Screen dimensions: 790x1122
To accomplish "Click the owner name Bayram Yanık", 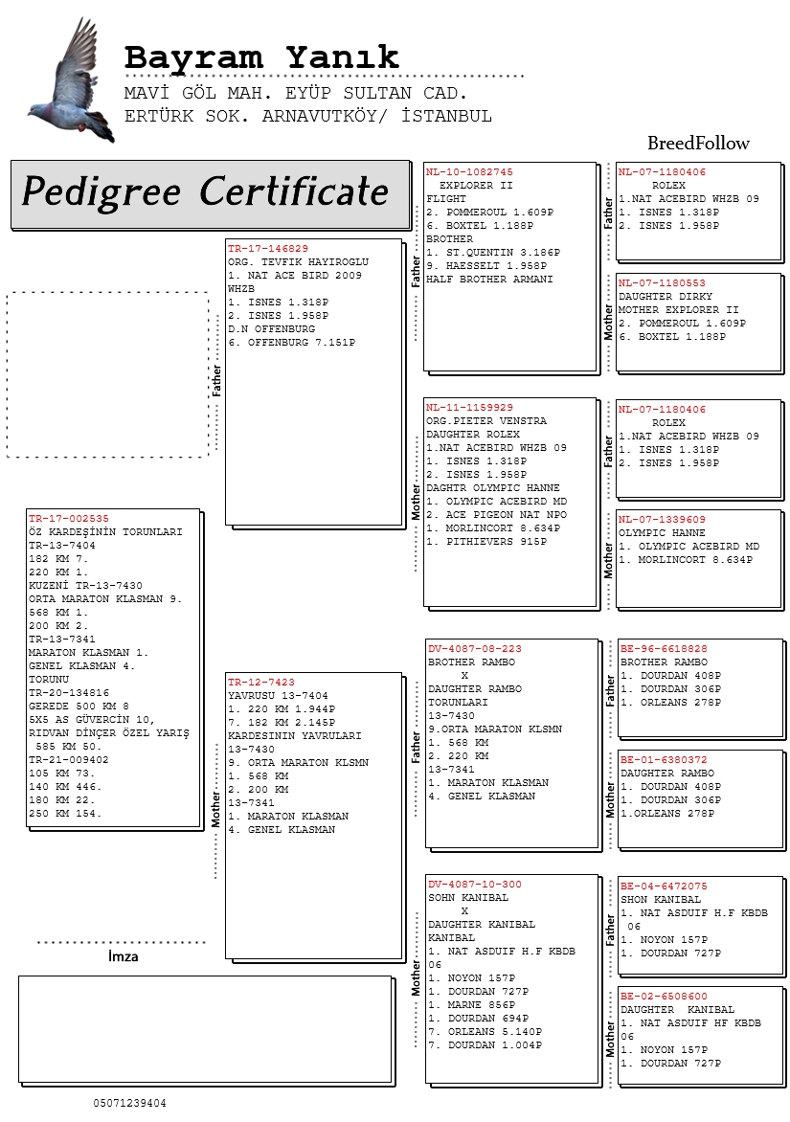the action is click(x=261, y=57).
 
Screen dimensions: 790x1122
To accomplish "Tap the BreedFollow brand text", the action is click(x=698, y=143).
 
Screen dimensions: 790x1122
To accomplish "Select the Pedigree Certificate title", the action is click(x=205, y=191).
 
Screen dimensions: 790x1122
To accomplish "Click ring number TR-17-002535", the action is click(x=69, y=519).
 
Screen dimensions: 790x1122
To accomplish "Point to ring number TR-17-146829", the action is click(x=268, y=249).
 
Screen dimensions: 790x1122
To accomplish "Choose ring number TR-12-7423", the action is click(x=261, y=683).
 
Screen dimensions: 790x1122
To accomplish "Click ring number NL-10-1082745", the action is click(x=469, y=172).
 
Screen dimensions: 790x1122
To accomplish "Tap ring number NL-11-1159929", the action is click(x=469, y=408).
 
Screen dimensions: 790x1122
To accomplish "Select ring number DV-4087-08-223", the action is click(x=475, y=649).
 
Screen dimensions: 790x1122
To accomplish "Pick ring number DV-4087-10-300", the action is click(x=475, y=885).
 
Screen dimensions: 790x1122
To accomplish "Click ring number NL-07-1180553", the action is click(x=662, y=283).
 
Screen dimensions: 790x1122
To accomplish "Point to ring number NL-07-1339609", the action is click(x=662, y=520).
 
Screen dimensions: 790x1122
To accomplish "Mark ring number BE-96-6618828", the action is click(x=664, y=649).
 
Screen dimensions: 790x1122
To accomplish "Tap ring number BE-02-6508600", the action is click(x=664, y=996).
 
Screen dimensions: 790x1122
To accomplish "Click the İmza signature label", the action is click(x=124, y=956).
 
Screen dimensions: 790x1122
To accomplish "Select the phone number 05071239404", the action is click(x=129, y=1104).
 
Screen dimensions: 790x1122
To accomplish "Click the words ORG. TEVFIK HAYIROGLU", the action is click(x=299, y=262).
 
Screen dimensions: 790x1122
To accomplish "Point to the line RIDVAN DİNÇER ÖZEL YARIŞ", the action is click(x=109, y=732).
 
